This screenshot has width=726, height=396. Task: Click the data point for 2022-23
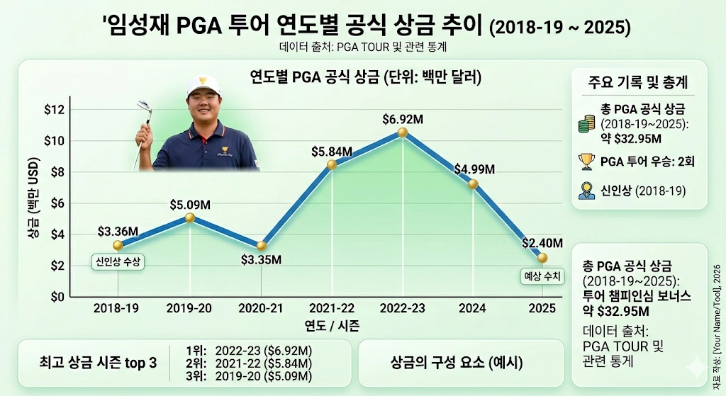403,132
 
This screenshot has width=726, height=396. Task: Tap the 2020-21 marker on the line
261,246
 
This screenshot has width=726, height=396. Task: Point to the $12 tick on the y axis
55,109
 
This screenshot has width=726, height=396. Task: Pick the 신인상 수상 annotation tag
118,261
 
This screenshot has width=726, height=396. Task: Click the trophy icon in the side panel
586,162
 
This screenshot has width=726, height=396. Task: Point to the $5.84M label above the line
332,151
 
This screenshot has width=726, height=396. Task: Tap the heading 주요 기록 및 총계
639,81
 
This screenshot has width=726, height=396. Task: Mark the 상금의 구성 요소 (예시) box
457,363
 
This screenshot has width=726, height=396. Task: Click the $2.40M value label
542,243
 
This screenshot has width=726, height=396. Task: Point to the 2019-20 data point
189,217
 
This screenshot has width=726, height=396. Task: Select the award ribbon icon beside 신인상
586,191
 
